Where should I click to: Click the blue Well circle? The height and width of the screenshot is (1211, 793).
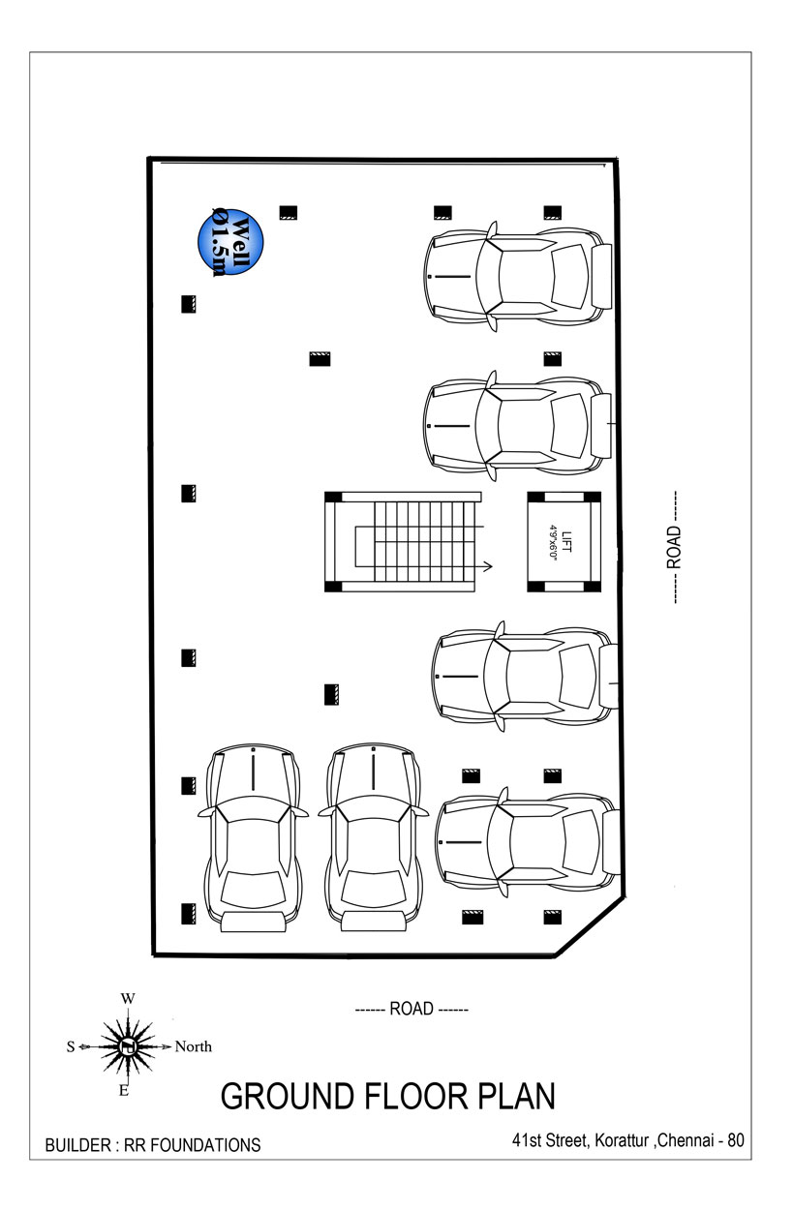coord(230,242)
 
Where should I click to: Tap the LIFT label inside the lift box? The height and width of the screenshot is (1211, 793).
coord(566,541)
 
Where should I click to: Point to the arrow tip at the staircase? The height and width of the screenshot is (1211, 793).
coord(492,566)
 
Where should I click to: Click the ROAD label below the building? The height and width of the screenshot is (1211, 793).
coord(412,1009)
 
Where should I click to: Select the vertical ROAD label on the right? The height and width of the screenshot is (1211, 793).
coord(674,547)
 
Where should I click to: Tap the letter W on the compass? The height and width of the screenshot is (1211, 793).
coord(128,999)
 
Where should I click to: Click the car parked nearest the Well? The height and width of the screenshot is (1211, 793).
coord(518,276)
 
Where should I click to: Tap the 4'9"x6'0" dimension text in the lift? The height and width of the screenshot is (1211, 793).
coord(552,542)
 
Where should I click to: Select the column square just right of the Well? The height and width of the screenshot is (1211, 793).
coord(289,212)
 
